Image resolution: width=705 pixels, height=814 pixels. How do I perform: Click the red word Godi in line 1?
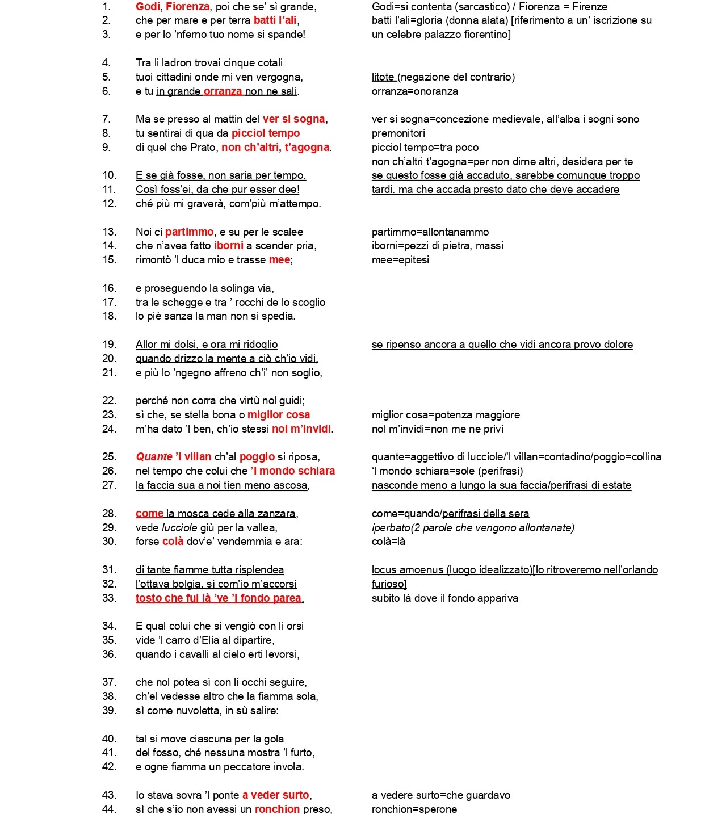click(x=148, y=7)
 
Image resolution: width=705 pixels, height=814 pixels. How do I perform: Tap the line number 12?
click(x=109, y=204)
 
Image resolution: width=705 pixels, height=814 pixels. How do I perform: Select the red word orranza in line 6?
click(x=223, y=91)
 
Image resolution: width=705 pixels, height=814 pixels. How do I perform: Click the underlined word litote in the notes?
click(x=383, y=77)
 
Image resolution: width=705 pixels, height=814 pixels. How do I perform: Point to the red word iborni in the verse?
click(x=229, y=246)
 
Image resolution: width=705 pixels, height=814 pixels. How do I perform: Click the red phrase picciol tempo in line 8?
click(x=266, y=133)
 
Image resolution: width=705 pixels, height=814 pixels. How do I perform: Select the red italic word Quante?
click(x=154, y=457)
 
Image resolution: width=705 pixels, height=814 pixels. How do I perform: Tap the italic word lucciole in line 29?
click(x=179, y=528)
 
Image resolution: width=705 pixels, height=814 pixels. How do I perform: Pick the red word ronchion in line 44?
click(x=277, y=809)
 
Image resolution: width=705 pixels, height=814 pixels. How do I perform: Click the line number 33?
click(x=109, y=598)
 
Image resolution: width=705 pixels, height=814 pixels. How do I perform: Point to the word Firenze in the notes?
click(x=589, y=7)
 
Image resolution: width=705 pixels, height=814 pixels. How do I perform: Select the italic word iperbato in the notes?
click(x=391, y=528)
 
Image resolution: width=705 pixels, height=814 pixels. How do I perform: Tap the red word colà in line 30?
click(x=173, y=542)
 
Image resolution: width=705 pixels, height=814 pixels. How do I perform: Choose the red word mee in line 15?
click(x=279, y=260)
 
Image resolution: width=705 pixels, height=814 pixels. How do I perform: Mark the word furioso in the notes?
click(x=388, y=584)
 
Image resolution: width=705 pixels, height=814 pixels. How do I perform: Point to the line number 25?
click(x=109, y=457)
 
